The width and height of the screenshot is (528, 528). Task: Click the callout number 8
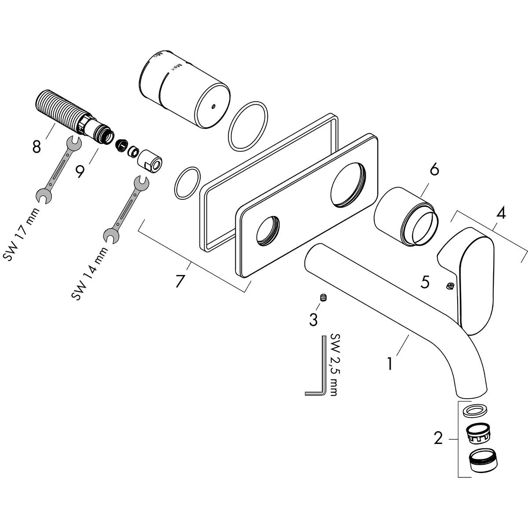36,147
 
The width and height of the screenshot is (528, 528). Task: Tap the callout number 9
80,171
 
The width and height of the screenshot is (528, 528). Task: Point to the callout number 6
434,169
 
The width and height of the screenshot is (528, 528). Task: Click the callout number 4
501,214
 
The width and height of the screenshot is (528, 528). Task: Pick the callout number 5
425,282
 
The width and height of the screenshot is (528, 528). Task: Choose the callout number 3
313,320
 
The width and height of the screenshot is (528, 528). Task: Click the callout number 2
438,439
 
